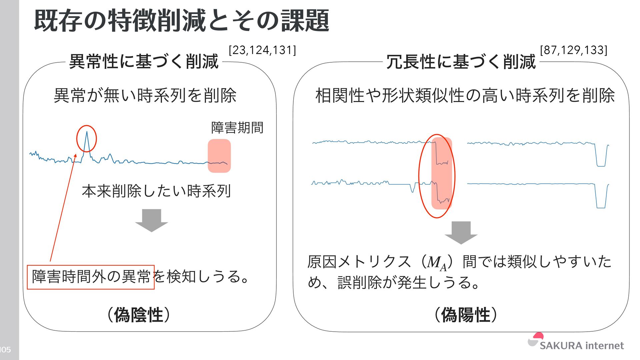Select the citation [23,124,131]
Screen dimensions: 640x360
click(x=262, y=50)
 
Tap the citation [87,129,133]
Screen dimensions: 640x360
click(x=573, y=50)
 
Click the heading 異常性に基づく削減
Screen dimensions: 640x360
click(x=144, y=62)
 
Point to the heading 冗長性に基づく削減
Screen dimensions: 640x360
click(x=461, y=62)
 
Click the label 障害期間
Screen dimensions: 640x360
click(x=237, y=128)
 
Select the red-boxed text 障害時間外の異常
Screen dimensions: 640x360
click(x=91, y=277)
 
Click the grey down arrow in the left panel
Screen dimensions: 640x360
click(x=152, y=220)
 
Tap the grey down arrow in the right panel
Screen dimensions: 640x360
click(x=461, y=232)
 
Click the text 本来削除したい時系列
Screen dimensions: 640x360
click(x=156, y=191)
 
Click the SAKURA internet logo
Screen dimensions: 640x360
click(x=576, y=343)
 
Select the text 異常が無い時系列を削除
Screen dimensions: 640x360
click(x=145, y=96)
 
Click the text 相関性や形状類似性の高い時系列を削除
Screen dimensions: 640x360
click(x=465, y=96)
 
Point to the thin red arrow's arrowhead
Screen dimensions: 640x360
click(x=76, y=155)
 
